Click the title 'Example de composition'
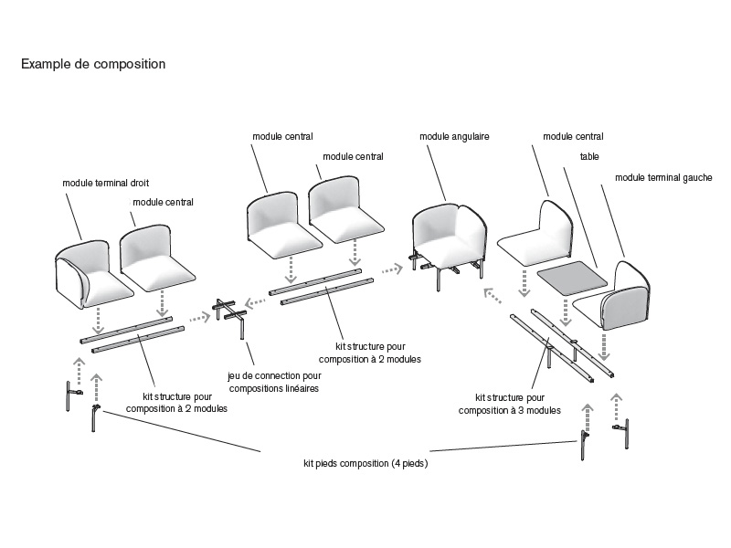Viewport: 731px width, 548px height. pos(92,65)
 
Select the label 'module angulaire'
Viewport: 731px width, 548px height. pos(454,136)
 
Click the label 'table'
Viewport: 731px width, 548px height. pos(589,156)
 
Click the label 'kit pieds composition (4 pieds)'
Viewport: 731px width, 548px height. pos(365,464)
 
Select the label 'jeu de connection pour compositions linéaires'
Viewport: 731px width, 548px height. pos(274,382)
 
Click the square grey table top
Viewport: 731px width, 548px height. pos(572,278)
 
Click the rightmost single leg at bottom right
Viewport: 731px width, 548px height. pos(629,427)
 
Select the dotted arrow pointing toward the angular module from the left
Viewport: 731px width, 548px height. pos(391,269)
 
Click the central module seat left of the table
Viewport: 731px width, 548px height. pos(535,236)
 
